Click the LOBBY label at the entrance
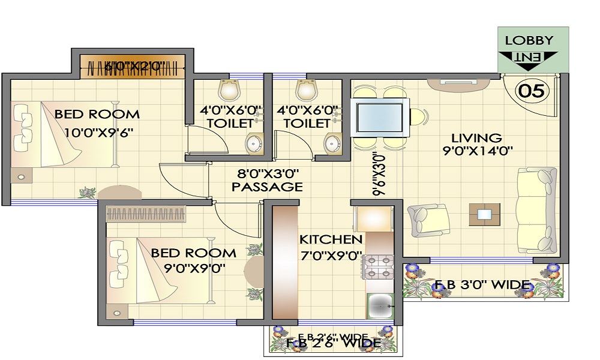point(529,41)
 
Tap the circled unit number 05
point(532,91)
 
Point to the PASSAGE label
point(267,187)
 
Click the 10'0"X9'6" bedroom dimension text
point(94,132)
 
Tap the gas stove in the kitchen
point(379,268)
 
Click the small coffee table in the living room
point(484,213)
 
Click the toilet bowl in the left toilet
point(230,90)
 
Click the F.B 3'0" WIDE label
point(481,284)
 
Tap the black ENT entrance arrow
point(529,58)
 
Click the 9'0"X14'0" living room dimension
point(478,152)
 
